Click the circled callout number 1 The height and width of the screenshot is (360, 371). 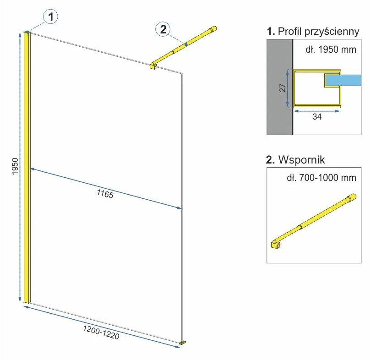pyautogui.click(x=50, y=17)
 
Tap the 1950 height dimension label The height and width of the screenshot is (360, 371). pyautogui.click(x=14, y=168)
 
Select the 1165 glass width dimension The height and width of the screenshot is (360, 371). pyautogui.click(x=104, y=194)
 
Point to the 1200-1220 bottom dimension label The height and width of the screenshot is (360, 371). pyautogui.click(x=101, y=333)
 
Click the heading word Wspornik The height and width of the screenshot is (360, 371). pyautogui.click(x=300, y=160)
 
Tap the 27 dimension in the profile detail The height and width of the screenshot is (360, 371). pyautogui.click(x=283, y=88)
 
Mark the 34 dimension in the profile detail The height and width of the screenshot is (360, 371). pyautogui.click(x=316, y=117)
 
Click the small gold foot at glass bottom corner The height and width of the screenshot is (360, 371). pyautogui.click(x=183, y=342)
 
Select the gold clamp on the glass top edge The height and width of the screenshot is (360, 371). pyautogui.click(x=153, y=66)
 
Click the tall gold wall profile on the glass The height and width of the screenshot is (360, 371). pyautogui.click(x=27, y=168)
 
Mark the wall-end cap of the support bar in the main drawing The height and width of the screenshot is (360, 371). pyautogui.click(x=213, y=30)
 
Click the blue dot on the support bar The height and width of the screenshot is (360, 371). pyautogui.click(x=186, y=44)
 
